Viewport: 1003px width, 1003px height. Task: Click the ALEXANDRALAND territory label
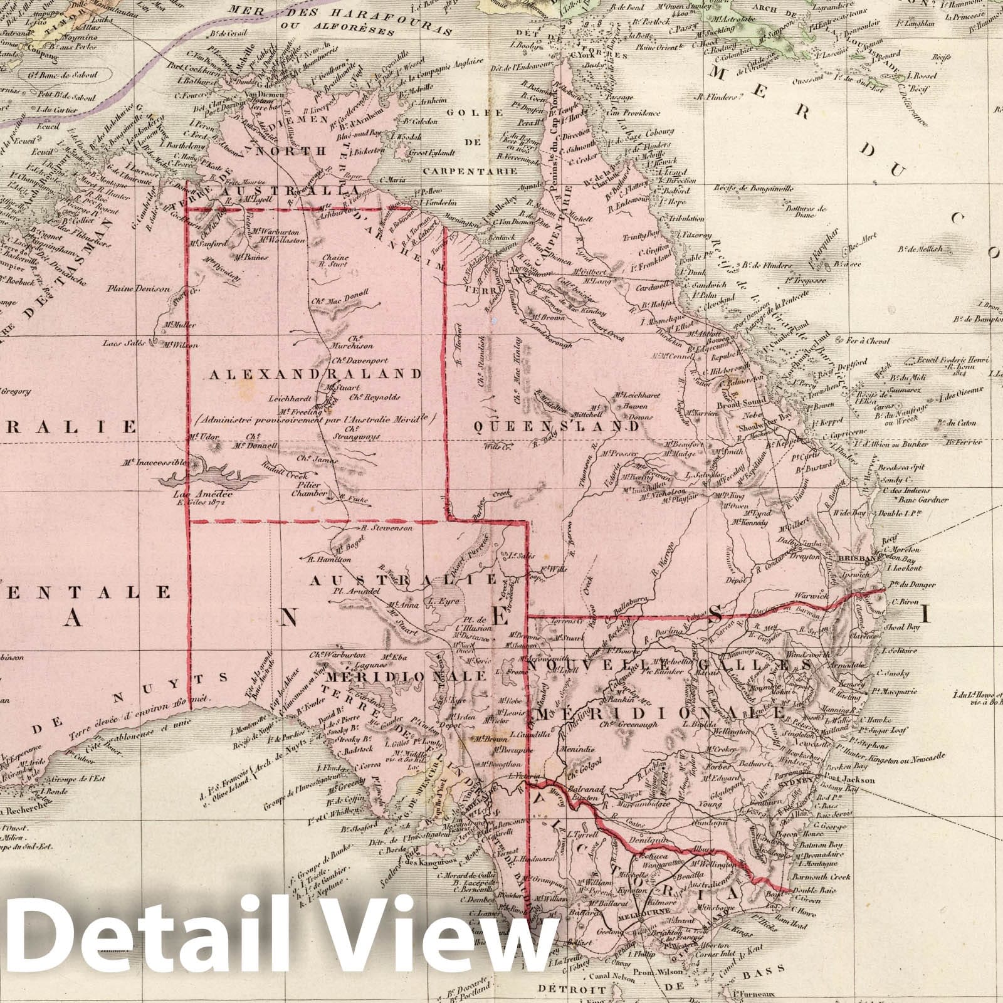(315, 374)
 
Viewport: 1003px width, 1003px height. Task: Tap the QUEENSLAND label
(556, 426)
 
